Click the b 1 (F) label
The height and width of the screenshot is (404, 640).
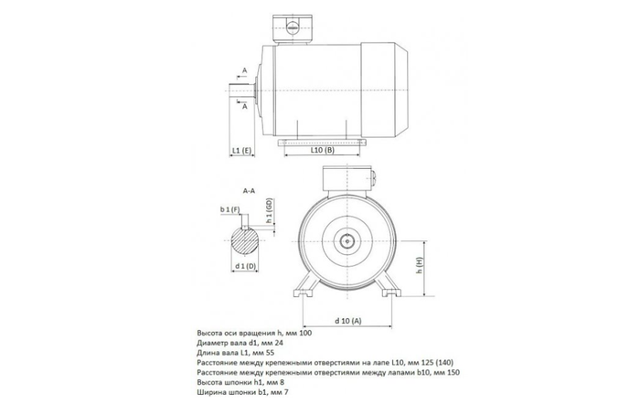click(229, 210)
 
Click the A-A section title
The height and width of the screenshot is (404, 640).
click(248, 192)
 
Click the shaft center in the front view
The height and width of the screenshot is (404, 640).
click(349, 240)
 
